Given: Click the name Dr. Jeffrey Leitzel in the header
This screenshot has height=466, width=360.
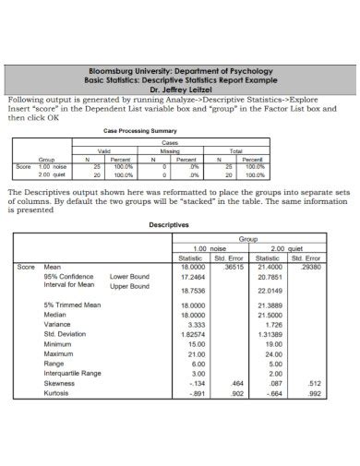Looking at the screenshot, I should point(180,90).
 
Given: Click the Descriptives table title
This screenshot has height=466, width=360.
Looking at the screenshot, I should point(169,224).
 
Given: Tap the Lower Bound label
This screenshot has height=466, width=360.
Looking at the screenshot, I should point(129,276).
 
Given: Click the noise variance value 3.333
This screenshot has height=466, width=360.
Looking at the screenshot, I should point(196,325).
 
